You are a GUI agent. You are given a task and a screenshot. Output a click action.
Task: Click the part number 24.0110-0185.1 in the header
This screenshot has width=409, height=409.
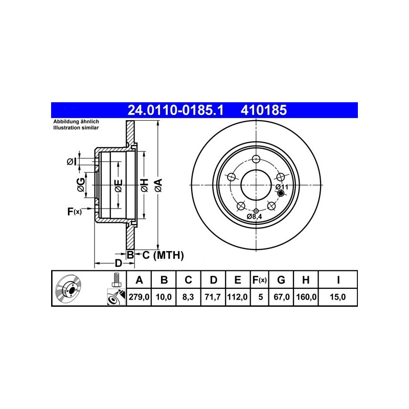175,110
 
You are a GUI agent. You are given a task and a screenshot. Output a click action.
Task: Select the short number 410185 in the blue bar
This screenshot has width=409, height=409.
263,110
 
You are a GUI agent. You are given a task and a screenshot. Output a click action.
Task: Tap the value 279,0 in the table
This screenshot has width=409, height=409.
139,297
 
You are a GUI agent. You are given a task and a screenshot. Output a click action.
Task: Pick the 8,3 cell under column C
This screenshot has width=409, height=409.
188,297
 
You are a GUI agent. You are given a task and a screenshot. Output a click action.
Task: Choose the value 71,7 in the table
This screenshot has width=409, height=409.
213,297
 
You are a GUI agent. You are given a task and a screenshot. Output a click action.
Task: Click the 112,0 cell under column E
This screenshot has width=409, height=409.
237,297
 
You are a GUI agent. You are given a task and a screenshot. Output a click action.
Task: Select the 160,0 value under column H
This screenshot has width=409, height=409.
306,297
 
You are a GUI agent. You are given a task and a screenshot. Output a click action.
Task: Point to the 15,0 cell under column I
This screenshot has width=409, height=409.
338,297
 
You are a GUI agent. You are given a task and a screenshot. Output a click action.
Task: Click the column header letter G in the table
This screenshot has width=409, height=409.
281,280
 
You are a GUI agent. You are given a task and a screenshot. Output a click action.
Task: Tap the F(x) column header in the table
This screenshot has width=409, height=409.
260,280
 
